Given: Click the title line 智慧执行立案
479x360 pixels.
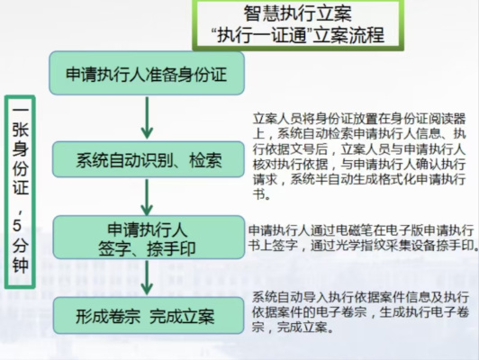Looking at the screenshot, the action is (x=297, y=13).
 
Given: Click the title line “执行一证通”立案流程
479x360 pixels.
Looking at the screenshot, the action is (x=297, y=35).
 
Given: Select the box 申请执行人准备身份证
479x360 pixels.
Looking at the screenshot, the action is (x=147, y=73).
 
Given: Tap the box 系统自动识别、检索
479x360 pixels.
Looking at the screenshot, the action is (x=149, y=159).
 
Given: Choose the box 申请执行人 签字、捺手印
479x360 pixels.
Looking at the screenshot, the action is (x=149, y=238).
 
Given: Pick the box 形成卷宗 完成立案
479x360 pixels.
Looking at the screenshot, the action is (x=149, y=315).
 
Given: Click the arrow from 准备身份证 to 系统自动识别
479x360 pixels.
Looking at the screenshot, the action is (x=147, y=118).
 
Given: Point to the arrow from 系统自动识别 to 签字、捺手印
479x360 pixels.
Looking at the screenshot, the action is (x=147, y=197).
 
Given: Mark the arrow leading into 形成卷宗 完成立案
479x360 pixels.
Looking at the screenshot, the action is (x=147, y=278).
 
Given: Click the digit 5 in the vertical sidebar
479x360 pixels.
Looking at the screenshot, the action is (x=17, y=225).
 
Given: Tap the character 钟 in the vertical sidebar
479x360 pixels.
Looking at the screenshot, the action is (x=20, y=264).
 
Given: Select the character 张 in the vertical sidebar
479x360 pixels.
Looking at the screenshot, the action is (x=20, y=129).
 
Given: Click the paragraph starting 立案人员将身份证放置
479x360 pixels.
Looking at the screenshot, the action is (x=359, y=157).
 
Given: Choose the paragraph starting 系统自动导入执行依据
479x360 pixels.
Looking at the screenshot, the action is (x=360, y=312).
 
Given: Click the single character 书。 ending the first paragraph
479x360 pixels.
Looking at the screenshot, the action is (x=261, y=193).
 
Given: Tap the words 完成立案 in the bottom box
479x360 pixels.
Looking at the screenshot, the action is (x=182, y=316).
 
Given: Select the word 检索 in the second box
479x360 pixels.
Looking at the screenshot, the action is (x=205, y=159).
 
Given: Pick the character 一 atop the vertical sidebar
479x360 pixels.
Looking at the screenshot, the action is (x=20, y=109).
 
